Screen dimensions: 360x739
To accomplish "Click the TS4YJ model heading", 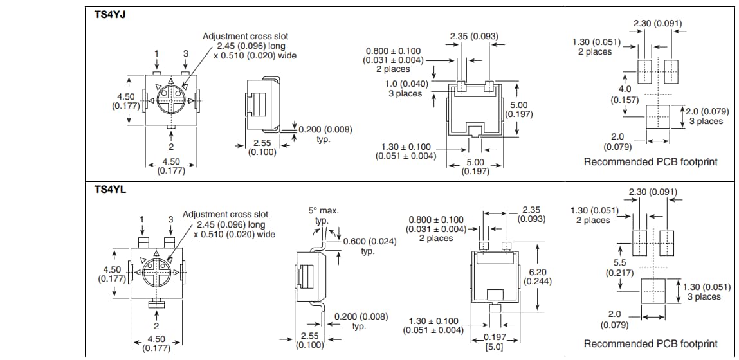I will point(110,15).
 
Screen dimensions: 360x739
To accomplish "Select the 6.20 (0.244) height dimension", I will point(537,276).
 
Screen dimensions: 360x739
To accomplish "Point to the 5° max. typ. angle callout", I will point(323,215).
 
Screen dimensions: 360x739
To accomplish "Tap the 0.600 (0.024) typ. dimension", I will point(369,246).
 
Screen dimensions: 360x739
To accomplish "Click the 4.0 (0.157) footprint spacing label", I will point(625,94).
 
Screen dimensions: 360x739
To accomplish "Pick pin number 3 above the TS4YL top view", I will point(170,219).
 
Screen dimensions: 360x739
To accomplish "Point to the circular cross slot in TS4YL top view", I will point(156,273).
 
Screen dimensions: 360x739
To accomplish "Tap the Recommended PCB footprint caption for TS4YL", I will point(650,344).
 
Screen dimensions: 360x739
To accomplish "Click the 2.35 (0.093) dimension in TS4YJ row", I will point(474,36).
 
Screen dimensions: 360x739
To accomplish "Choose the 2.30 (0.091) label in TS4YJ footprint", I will point(658,24).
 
